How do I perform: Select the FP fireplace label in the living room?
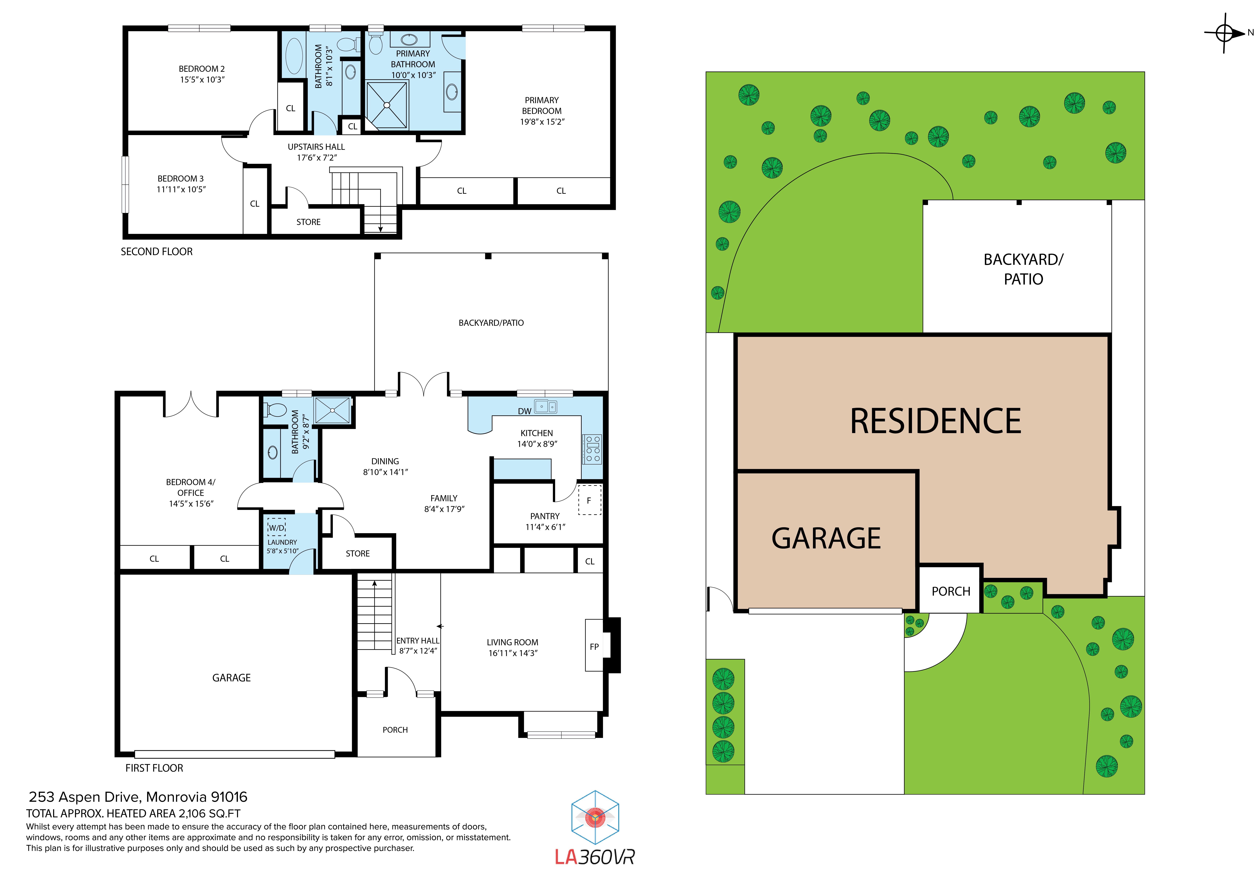594,647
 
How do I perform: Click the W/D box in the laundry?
276,528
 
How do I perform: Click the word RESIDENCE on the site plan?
936,421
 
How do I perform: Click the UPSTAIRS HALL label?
316,147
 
